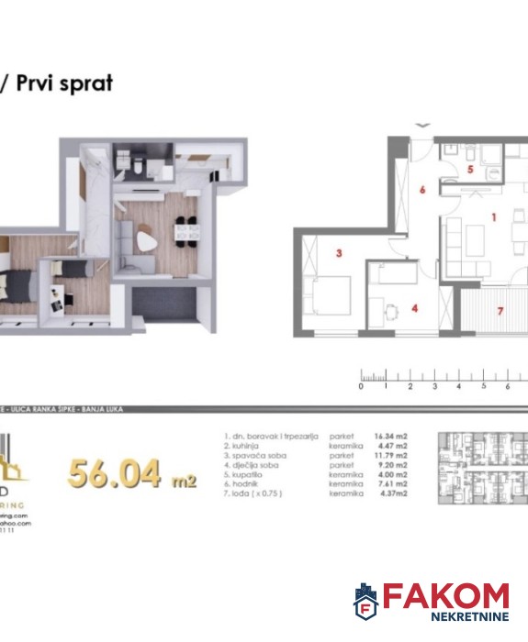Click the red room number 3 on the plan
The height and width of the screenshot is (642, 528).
339,254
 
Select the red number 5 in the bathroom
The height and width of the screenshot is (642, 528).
469,170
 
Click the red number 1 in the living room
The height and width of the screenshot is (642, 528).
493,217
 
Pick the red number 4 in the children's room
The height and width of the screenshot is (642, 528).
415,308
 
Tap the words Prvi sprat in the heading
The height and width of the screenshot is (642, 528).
63,83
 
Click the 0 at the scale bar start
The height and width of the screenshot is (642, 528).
362,387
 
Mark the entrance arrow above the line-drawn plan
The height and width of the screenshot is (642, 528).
421,125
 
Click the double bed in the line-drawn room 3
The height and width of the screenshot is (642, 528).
329,303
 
